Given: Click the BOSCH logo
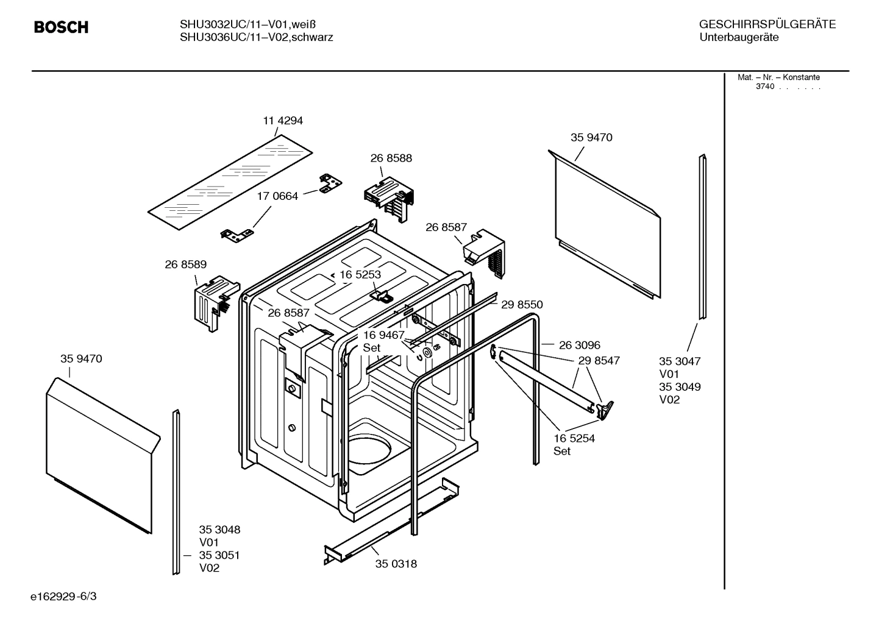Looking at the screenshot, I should pos(61,27).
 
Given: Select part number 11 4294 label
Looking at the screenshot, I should pos(282,121).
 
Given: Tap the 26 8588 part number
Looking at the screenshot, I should pos(391,158).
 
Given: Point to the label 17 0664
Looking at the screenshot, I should pos(277,196).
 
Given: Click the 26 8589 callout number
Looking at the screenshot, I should pos(185,264).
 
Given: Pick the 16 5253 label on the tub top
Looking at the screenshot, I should pos(360,275).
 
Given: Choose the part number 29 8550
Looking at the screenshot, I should pos(521,305).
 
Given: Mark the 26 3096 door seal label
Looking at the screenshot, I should pos(579,346).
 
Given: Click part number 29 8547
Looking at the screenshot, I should pos(599,361).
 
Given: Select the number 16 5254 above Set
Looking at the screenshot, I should pos(574,438).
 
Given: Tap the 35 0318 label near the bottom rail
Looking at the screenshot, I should pos(396,564).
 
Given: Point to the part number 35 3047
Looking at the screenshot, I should pos(680,361).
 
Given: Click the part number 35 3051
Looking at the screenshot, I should pos(219,555).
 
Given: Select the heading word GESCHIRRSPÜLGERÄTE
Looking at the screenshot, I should pos(767,24).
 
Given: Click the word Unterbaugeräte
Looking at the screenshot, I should pos(739,37).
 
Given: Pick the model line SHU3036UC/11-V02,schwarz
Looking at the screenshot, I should pos(256,37).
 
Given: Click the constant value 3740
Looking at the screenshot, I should pos(764,87).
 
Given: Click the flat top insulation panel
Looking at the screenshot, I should pos(230,181).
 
